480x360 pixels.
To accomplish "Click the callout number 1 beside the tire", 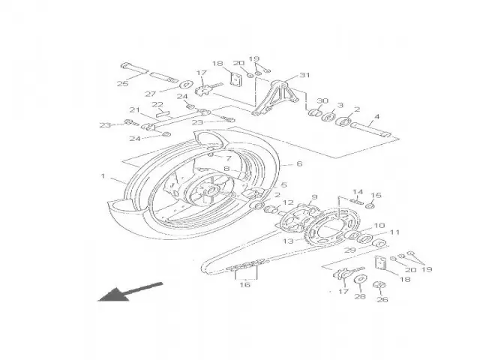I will click(103, 176).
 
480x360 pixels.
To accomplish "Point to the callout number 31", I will click(304, 75).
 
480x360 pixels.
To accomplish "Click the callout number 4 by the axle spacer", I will click(376, 117).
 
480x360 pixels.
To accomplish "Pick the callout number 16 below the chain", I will click(244, 285).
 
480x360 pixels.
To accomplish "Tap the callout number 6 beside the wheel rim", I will click(298, 163).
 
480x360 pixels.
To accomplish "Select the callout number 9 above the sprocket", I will click(314, 197).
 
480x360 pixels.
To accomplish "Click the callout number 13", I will click(289, 241).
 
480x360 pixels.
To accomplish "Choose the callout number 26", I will click(383, 300).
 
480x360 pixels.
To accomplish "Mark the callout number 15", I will click(376, 196).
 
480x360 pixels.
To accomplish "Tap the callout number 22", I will click(157, 105).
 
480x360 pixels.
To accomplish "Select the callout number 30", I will click(322, 101).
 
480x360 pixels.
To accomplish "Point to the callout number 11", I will click(394, 233).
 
